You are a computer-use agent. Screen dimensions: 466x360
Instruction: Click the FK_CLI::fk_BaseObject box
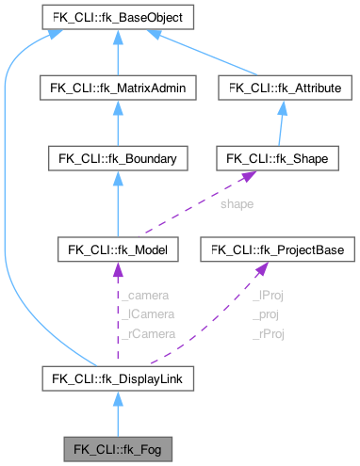click(117, 17)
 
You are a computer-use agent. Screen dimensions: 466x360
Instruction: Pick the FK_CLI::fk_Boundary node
click(117, 157)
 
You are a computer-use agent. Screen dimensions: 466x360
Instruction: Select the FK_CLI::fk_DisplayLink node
click(117, 378)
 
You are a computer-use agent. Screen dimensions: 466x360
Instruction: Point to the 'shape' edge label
click(236, 202)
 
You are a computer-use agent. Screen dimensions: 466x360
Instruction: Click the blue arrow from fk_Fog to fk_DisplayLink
click(117, 414)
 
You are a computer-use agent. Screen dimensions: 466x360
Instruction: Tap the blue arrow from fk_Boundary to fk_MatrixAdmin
click(117, 122)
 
